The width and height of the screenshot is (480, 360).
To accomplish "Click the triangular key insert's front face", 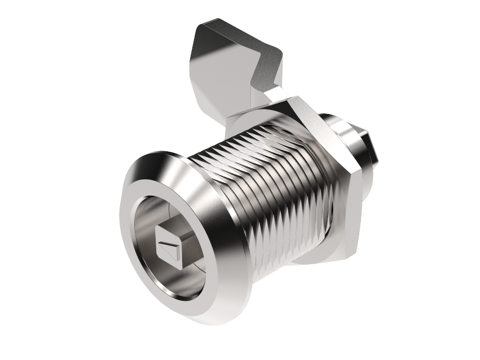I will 169,246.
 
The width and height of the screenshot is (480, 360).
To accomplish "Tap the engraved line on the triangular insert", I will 168,244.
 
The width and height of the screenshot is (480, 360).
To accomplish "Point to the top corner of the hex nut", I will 290,99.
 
